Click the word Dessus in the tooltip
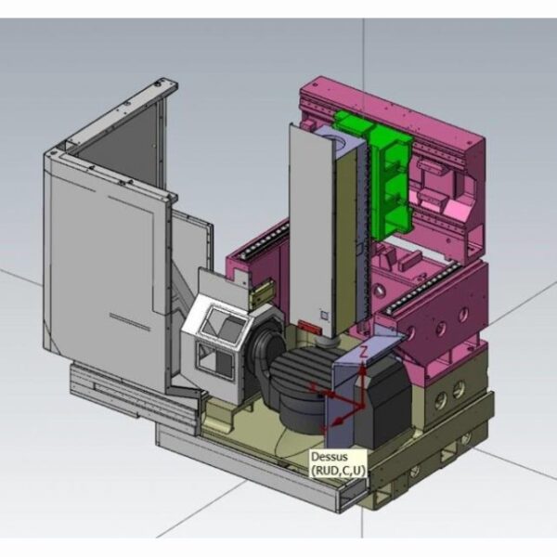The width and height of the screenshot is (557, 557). pos(329,457)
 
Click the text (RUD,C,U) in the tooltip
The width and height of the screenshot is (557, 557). pos(338,470)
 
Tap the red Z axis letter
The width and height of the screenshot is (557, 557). pos(363,352)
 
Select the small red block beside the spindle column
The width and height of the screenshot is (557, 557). pos(310,327)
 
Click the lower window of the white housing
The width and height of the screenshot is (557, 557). pos(215,362)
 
